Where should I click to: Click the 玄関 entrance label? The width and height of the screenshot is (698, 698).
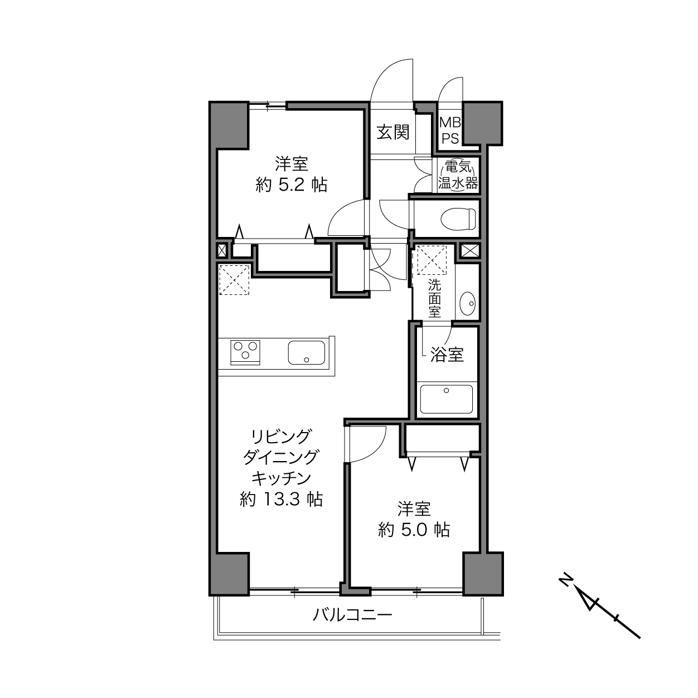(394, 132)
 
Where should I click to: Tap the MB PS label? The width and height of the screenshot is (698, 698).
(450, 130)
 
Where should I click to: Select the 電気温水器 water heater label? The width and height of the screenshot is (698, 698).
(457, 175)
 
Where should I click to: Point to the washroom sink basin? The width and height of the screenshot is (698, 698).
(467, 304)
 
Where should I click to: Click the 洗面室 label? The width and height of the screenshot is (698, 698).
(434, 298)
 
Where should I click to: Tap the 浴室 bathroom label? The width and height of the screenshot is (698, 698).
(447, 355)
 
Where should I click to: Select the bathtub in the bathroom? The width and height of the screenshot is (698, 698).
(446, 399)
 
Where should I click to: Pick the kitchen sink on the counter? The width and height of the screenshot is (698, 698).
(307, 352)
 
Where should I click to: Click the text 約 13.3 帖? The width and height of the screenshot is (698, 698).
(281, 499)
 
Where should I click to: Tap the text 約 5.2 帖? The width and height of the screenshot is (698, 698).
(291, 185)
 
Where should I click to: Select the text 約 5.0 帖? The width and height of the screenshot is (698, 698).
(414, 529)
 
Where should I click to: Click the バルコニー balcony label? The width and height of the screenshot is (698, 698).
(352, 615)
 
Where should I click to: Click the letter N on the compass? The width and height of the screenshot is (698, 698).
(565, 580)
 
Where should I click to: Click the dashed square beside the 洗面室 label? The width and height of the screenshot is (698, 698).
(434, 260)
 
